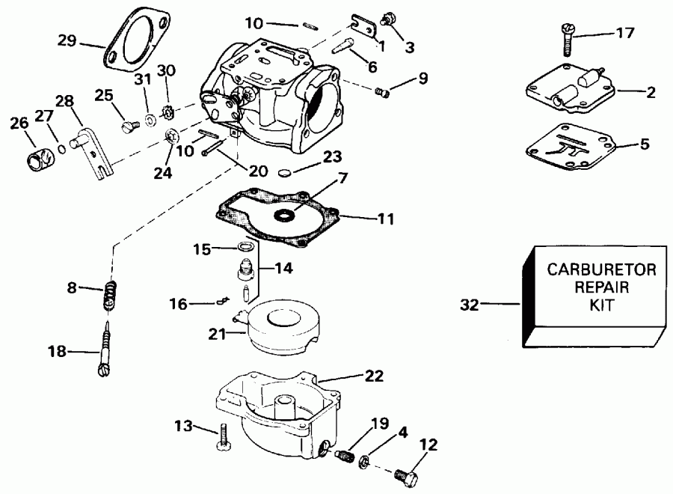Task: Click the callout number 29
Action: point(67,40)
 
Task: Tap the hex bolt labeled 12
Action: point(404,475)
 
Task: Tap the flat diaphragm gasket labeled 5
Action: point(576,147)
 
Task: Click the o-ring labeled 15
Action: point(245,247)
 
